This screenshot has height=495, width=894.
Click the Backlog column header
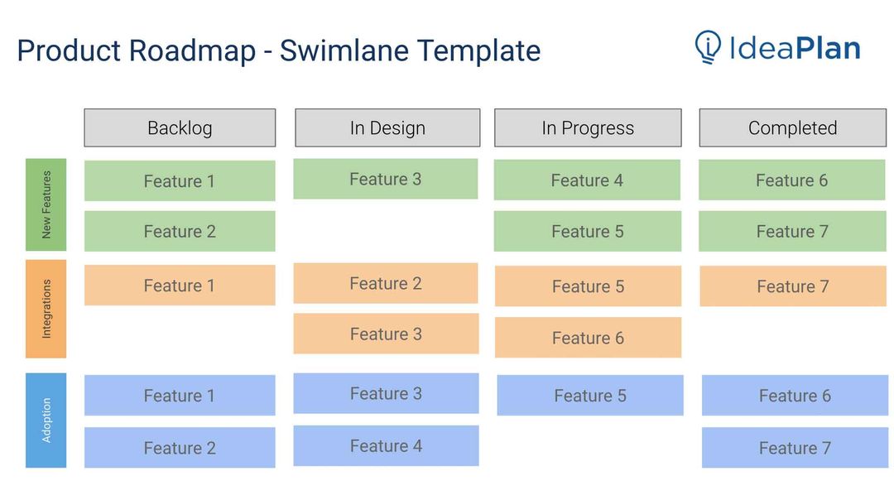(x=180, y=127)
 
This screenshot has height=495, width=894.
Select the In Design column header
(x=387, y=127)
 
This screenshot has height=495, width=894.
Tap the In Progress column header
(x=588, y=127)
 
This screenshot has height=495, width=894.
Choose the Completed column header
(x=792, y=127)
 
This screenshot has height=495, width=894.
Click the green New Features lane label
(x=46, y=204)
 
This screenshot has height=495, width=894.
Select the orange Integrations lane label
(x=46, y=309)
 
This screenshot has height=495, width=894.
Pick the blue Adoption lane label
(x=46, y=420)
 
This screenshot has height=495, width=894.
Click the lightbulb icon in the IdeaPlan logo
(x=708, y=47)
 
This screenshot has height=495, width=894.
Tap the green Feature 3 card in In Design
(x=385, y=179)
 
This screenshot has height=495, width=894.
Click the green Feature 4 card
(x=587, y=180)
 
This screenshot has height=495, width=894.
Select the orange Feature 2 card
(x=385, y=283)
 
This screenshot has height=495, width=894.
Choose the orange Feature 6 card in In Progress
(x=588, y=338)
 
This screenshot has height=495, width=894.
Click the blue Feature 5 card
(x=590, y=396)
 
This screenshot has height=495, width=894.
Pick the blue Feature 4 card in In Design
(x=386, y=445)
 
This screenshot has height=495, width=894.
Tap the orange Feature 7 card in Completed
(x=792, y=286)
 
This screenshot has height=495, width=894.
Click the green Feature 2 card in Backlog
(x=180, y=231)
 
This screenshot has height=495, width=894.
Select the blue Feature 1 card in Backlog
(x=180, y=395)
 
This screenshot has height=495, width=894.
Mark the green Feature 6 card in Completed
(x=791, y=180)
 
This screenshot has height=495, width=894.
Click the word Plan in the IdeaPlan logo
(x=828, y=47)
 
